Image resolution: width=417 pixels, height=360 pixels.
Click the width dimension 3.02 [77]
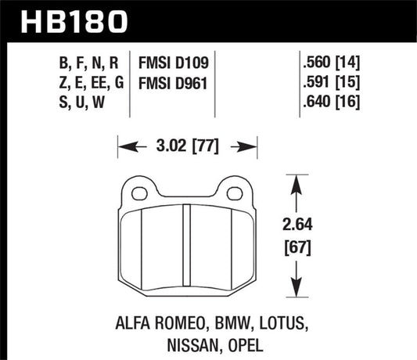(x=188, y=145)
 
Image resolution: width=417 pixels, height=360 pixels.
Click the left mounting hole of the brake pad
(x=141, y=193)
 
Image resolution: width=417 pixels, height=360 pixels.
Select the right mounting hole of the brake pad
(x=234, y=193)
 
